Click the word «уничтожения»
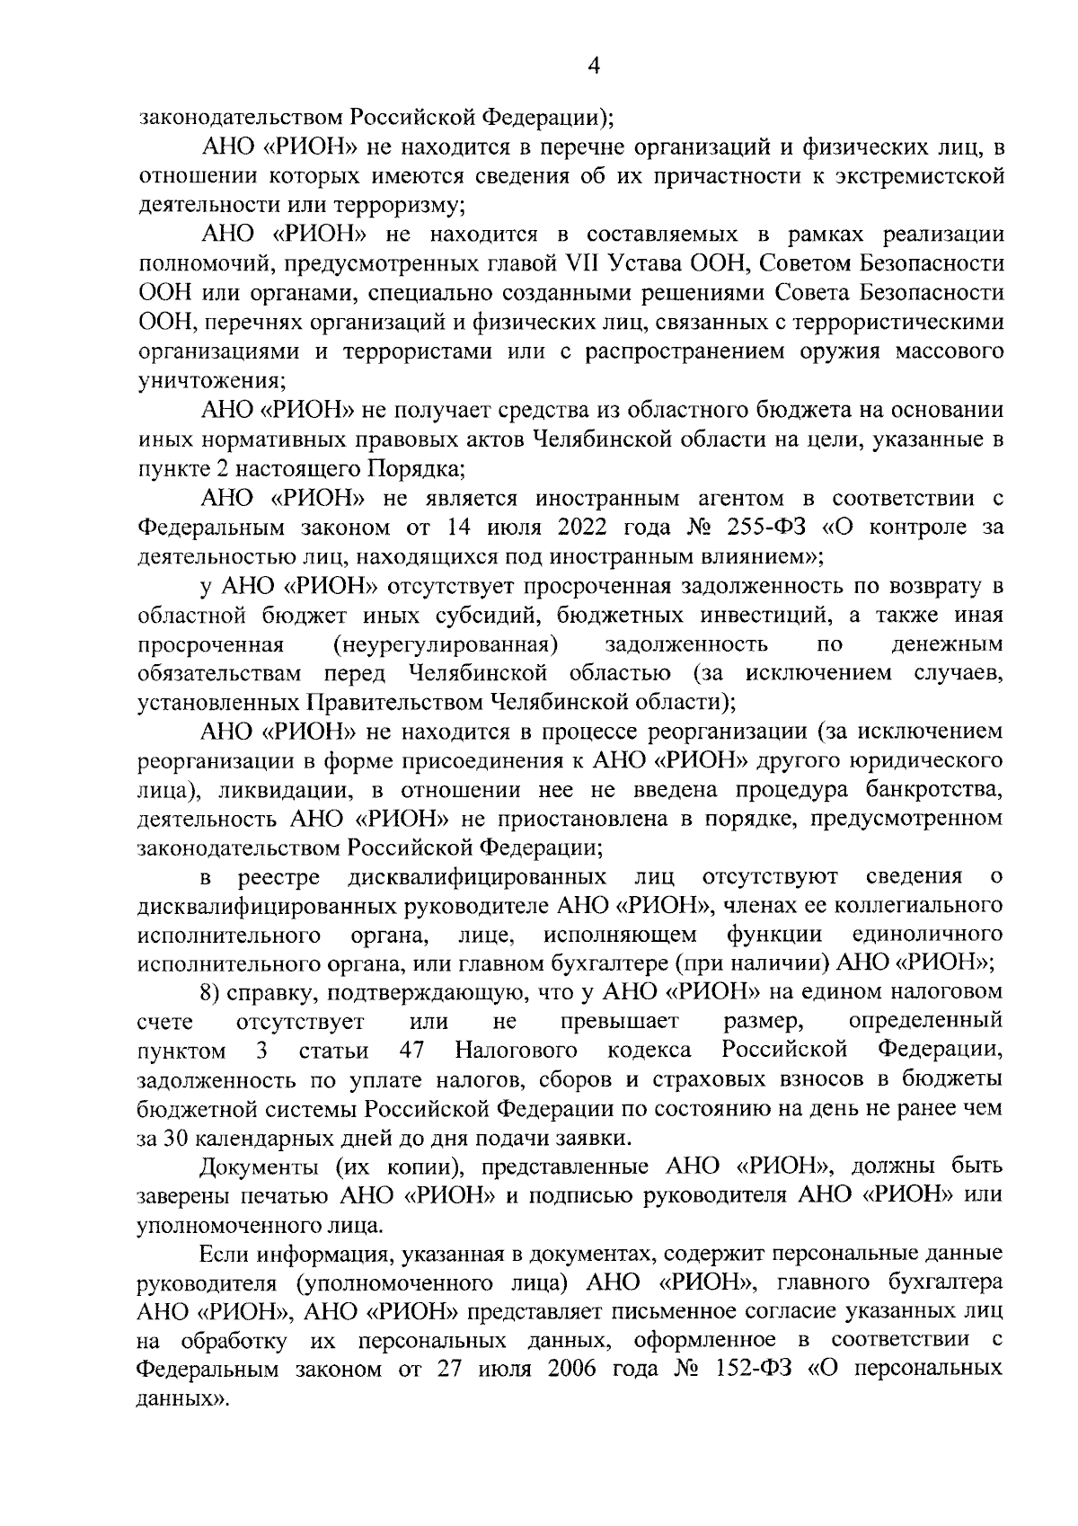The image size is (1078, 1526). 210,380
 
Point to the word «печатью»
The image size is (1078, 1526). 286,1196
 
